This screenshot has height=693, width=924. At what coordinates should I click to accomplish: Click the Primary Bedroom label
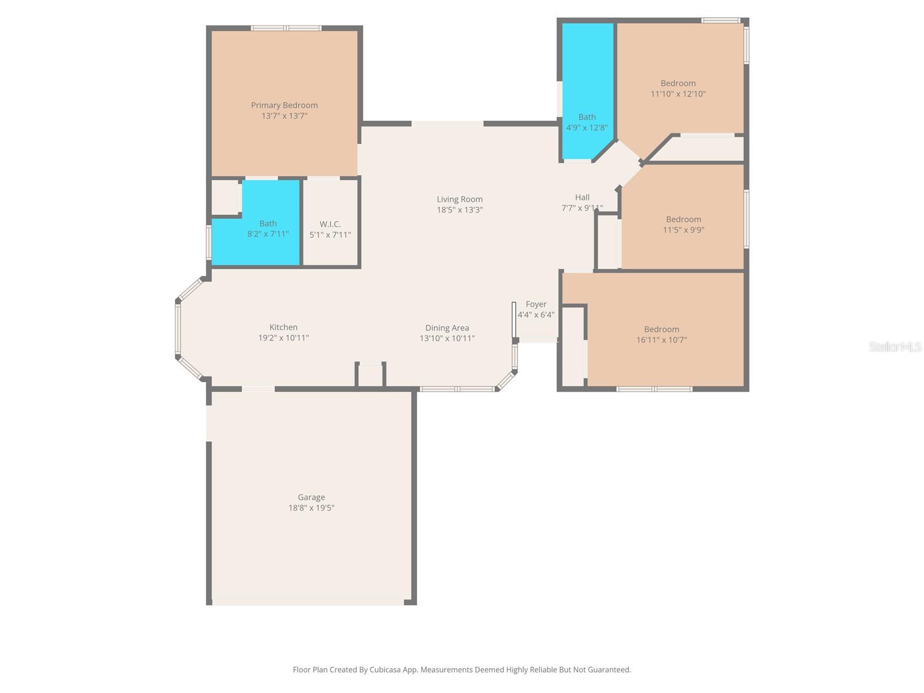(284, 105)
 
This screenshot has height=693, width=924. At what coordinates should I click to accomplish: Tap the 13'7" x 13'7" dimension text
(284, 116)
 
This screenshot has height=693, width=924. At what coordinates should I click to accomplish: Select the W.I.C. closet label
(330, 224)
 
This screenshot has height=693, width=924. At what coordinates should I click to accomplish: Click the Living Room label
(460, 199)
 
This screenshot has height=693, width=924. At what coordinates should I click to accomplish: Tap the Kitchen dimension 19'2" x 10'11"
(283, 338)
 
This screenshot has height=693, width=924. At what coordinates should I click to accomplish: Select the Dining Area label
(447, 328)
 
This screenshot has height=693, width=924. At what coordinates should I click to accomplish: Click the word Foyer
(536, 304)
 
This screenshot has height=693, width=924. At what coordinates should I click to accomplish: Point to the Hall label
(582, 198)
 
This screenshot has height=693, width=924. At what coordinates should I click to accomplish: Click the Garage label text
(311, 497)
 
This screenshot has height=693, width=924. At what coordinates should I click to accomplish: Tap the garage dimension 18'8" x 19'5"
(311, 508)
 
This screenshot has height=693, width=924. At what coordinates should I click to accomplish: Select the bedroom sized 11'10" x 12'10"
(678, 88)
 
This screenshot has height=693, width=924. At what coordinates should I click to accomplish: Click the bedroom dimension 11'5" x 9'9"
(683, 230)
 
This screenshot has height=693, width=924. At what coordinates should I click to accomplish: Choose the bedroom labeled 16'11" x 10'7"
(661, 335)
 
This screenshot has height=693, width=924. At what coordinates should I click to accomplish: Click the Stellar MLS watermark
(895, 346)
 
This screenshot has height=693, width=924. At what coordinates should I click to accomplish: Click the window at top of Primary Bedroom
(286, 28)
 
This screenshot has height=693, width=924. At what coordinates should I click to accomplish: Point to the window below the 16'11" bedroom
(654, 389)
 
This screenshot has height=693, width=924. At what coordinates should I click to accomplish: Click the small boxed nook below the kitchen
(370, 375)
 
